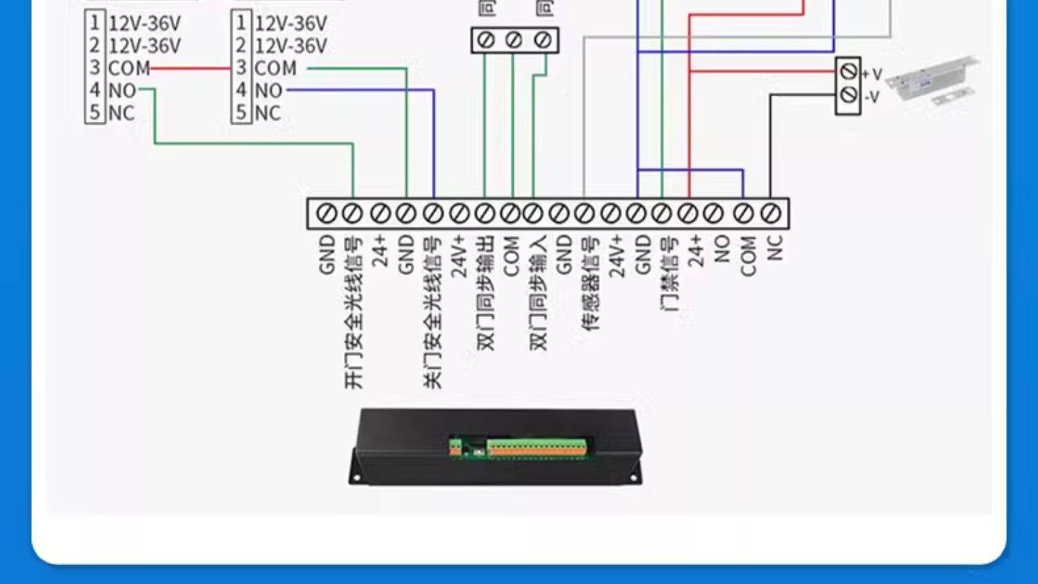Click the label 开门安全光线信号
[353, 312]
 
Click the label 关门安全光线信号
[432, 312]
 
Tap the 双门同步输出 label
[486, 293]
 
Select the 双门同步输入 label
[538, 293]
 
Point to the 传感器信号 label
[590, 284]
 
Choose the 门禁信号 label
[669, 274]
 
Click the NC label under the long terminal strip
[775, 247]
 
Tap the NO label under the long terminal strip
[722, 248]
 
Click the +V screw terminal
[848, 71]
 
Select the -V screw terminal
[848, 95]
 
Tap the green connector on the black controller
[537, 447]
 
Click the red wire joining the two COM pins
[190, 68]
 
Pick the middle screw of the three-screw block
[513, 40]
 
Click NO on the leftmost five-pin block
[122, 90]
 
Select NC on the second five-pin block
[268, 113]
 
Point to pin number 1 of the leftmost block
[95, 23]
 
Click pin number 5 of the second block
[241, 113]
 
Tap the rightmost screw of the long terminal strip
[770, 214]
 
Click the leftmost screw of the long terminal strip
[326, 214]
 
